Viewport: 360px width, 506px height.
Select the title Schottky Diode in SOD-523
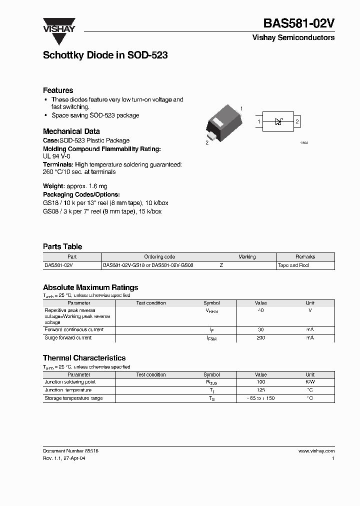[x=105, y=55]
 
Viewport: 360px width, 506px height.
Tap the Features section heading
[x=58, y=90]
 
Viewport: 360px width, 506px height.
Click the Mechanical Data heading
[x=71, y=131]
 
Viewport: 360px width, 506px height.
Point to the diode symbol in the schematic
[x=279, y=121]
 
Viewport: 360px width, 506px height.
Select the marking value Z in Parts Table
[x=221, y=265]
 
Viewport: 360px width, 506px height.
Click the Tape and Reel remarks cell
[x=293, y=265]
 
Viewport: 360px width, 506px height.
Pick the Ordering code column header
[x=159, y=257]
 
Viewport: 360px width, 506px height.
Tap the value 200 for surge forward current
[x=260, y=338]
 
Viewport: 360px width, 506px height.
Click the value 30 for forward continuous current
[x=260, y=330]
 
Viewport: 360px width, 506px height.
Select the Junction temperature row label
[x=68, y=390]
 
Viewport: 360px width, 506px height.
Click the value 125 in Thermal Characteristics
[x=260, y=390]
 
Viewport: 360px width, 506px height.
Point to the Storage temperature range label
[x=73, y=398]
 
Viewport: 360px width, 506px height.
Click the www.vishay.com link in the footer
[x=316, y=450]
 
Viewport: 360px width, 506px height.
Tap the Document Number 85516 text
[x=70, y=450]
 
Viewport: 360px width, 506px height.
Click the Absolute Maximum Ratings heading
[x=90, y=287]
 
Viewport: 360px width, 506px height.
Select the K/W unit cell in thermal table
[x=310, y=382]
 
